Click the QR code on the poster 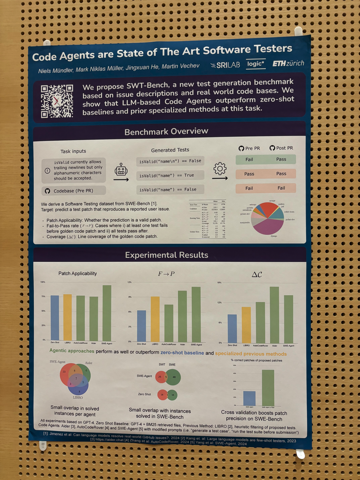click(x=57, y=100)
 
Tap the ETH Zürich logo click(x=288, y=63)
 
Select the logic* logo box click(x=256, y=64)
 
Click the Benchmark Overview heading click(x=166, y=131)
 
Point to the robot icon click(x=121, y=170)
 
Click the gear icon click(x=220, y=169)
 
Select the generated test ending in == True click(x=169, y=175)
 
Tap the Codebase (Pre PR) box click(x=73, y=191)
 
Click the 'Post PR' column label click(x=281, y=148)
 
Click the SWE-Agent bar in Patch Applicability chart click(x=107, y=312)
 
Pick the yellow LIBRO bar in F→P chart click(x=155, y=318)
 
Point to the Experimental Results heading click(x=166, y=255)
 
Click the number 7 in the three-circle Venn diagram click(x=76, y=379)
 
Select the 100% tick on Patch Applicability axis click(x=43, y=282)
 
